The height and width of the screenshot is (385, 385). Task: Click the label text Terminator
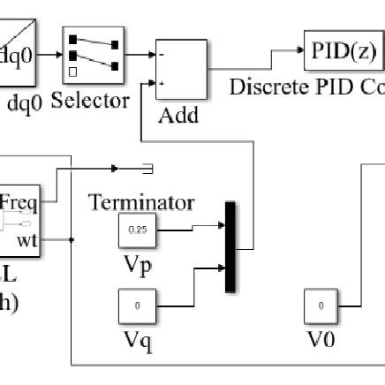point(141,202)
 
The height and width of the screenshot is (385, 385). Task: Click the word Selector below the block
point(90,102)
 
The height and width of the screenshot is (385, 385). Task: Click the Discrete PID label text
point(305,87)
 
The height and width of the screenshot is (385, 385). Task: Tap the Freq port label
point(19,201)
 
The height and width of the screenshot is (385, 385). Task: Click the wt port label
point(27,238)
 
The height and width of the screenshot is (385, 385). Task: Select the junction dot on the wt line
point(71,238)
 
